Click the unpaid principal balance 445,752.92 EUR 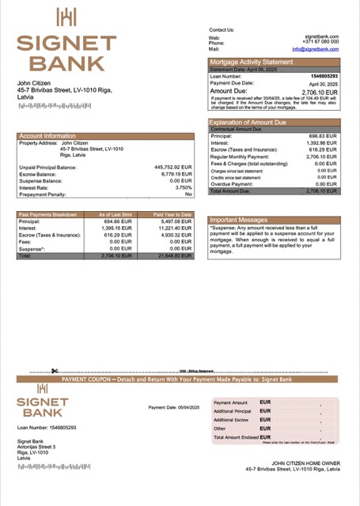pos(172,167)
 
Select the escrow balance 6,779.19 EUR pos(176,174)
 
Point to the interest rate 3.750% pos(183,187)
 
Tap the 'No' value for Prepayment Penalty pos(188,194)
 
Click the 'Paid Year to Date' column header pos(172,214)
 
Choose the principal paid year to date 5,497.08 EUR pos(175,221)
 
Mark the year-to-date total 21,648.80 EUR pos(175,256)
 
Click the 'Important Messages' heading pos(239,220)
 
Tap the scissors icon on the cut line pos(55,371)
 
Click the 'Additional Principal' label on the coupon pos(232,411)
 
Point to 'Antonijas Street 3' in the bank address pos(36,447)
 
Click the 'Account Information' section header pos(48,136)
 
